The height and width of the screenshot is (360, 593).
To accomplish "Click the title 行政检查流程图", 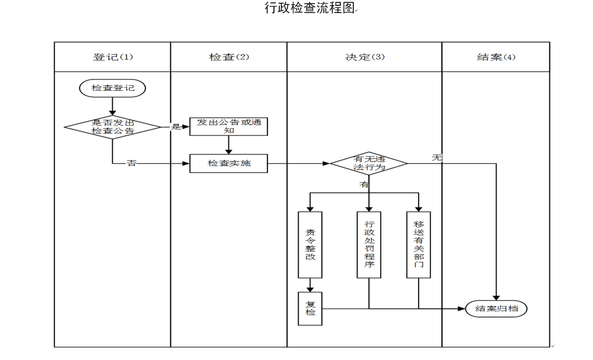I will [x=309, y=8].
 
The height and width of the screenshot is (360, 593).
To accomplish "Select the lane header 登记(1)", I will [x=113, y=57].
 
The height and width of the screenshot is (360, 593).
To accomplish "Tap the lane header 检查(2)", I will [x=229, y=57].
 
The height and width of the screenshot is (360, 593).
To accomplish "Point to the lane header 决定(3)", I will [x=365, y=57].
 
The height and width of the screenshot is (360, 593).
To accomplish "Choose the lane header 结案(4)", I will [x=496, y=57].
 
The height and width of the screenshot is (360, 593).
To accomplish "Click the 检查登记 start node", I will [x=113, y=88].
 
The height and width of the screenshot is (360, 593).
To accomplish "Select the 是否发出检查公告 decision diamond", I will [x=113, y=126].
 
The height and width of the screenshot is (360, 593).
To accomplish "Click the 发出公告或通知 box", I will [x=228, y=126].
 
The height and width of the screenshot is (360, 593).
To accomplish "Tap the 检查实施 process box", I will [x=228, y=163].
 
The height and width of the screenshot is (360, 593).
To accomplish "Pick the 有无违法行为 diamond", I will [x=369, y=163].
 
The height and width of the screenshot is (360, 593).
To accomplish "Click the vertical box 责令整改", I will [x=310, y=245].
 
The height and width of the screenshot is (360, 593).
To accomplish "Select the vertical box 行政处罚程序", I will [x=369, y=245].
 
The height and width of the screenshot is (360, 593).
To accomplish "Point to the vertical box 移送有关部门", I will [x=419, y=245].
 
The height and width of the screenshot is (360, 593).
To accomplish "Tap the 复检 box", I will [x=310, y=308].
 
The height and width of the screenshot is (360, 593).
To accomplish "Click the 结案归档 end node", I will [x=496, y=308].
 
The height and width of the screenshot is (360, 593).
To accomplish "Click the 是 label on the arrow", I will [x=176, y=126].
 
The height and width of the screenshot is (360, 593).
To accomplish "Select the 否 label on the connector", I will [x=132, y=163].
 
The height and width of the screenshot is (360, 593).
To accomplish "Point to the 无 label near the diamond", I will [x=437, y=158].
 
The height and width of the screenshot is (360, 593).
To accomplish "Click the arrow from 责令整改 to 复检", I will [x=310, y=285].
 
